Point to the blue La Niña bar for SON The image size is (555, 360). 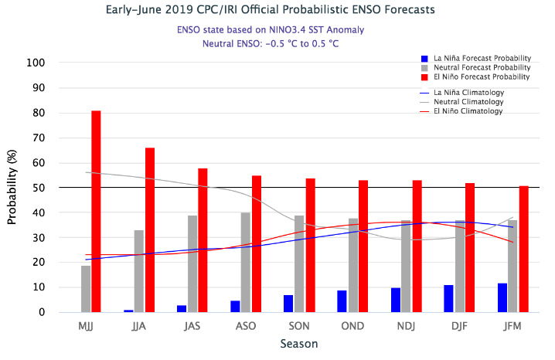click(x=288, y=304)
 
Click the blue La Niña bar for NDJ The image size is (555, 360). click(x=396, y=300)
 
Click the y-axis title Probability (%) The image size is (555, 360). click(x=12, y=188)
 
